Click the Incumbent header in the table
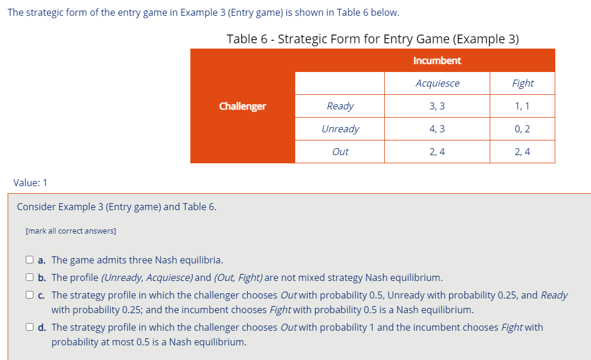[x=437, y=60]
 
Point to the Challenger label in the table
[x=242, y=106]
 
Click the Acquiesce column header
[x=437, y=83]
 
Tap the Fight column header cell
[x=522, y=83]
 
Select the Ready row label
[x=340, y=106]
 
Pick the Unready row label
[x=340, y=129]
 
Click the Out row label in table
[x=340, y=152]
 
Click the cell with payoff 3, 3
[x=437, y=106]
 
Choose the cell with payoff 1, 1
[x=522, y=106]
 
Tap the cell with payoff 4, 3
[x=437, y=129]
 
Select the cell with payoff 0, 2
[x=522, y=129]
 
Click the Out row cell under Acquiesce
[x=437, y=152]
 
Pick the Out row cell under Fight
[x=522, y=152]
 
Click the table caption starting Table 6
[x=373, y=39]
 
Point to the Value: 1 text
[x=30, y=183]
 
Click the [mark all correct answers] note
[x=71, y=231]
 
